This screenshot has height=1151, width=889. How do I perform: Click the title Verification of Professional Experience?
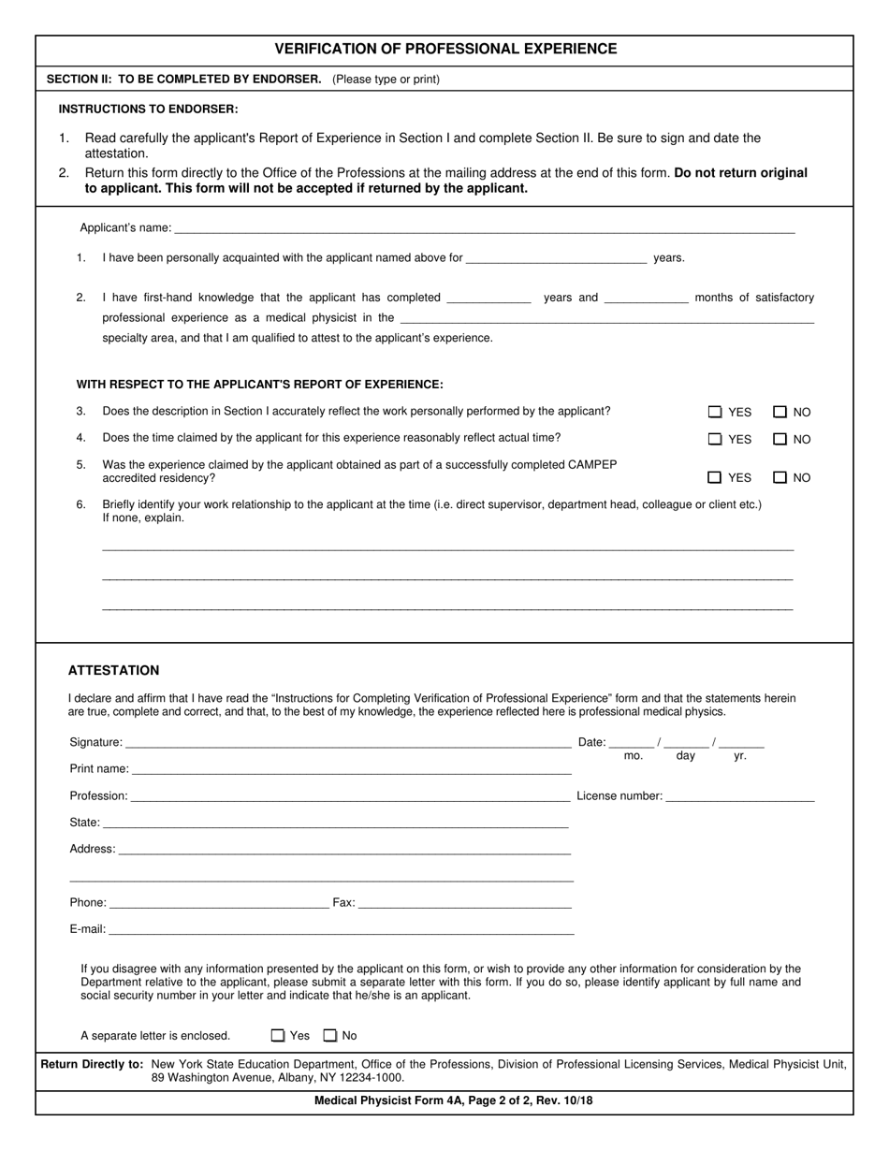tap(445, 49)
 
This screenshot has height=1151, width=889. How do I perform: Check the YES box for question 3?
tap(715, 412)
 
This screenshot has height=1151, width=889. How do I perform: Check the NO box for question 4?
tap(780, 439)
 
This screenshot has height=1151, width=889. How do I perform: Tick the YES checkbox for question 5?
tap(715, 477)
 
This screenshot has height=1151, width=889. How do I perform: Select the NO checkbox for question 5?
tap(780, 477)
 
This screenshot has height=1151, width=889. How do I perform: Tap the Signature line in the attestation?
tap(347, 743)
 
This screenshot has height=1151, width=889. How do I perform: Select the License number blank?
tap(739, 796)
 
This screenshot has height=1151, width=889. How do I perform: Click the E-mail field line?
tap(341, 929)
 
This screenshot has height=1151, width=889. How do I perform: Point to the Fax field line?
tap(464, 903)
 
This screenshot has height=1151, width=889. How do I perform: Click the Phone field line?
tap(219, 903)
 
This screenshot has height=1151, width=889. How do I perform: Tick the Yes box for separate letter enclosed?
tap(278, 1036)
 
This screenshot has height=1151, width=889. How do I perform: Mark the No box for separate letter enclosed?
tap(329, 1036)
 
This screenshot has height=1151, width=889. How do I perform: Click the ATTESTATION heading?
tap(113, 671)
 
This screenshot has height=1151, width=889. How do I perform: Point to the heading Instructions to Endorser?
tap(148, 109)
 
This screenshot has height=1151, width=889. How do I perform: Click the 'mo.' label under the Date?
tap(634, 756)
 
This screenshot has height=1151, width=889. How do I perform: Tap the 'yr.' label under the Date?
tap(740, 756)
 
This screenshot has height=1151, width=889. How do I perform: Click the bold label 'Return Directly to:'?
tap(92, 1064)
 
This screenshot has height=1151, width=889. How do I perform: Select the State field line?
tap(335, 823)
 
